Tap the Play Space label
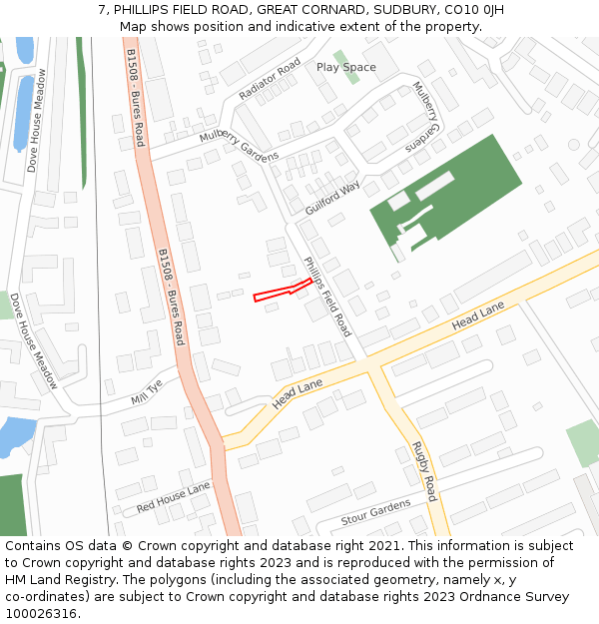coord(345,68)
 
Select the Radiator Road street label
coord(270,79)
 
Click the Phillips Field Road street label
coord(327,296)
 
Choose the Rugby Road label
coord(424,471)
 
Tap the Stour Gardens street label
coord(375,512)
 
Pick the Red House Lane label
coord(174,496)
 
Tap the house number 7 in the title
coord(102,9)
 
